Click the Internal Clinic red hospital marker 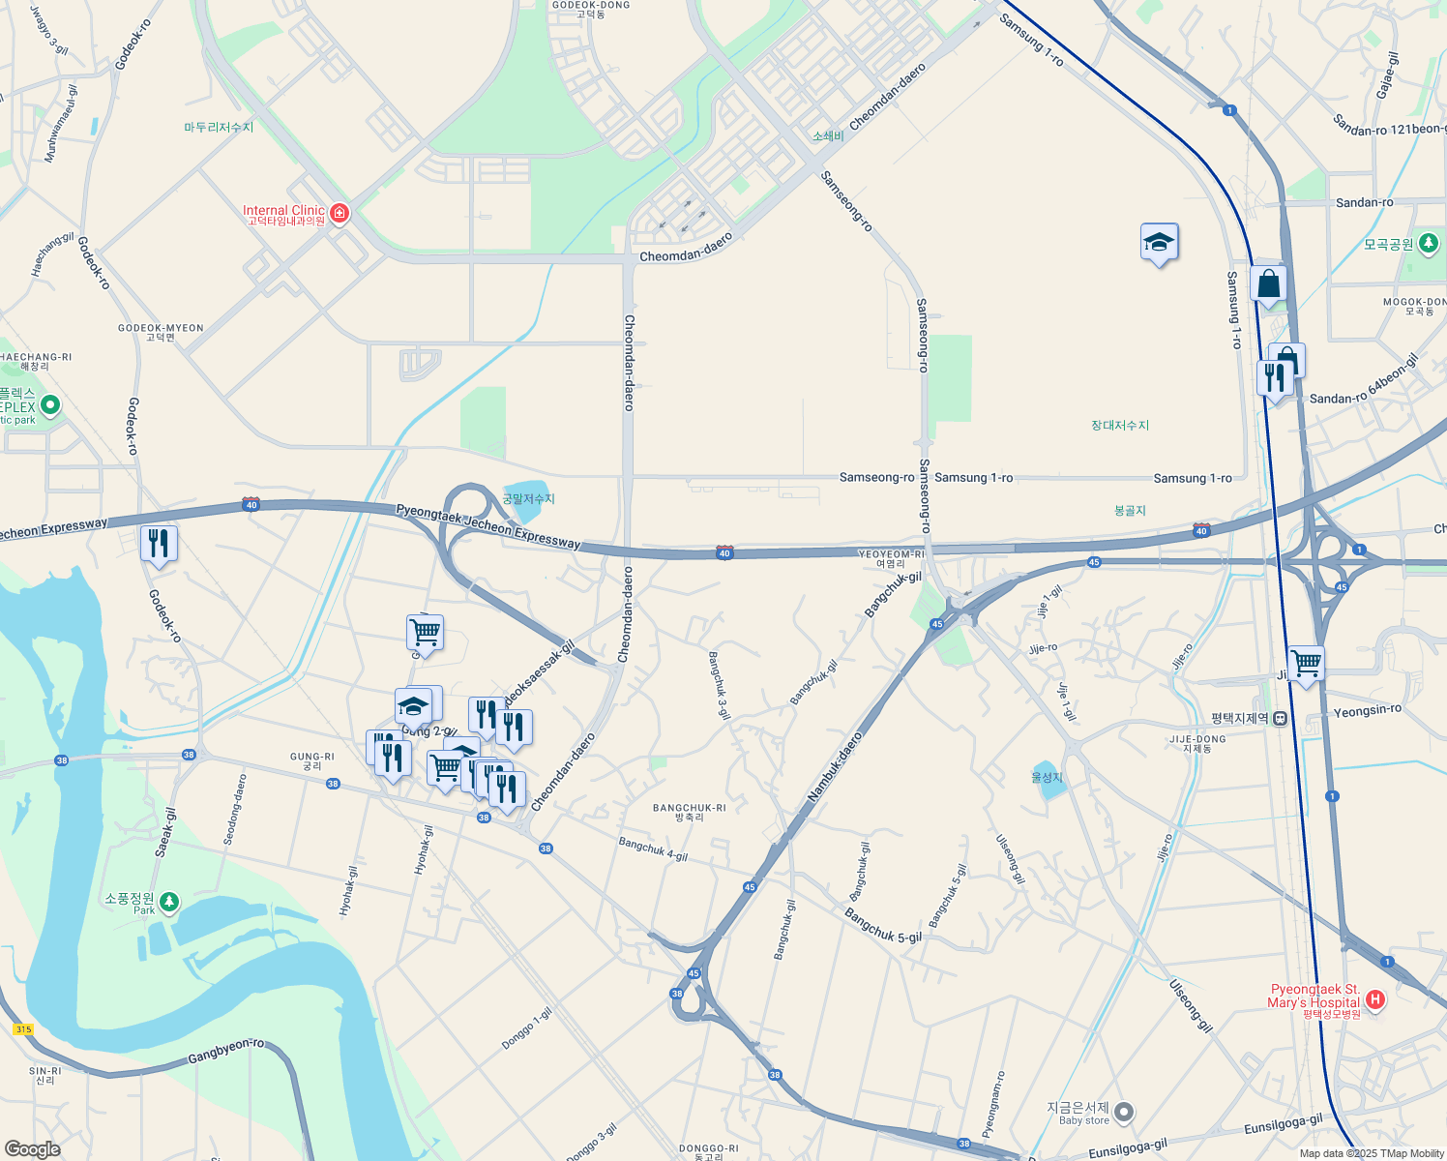click(x=340, y=213)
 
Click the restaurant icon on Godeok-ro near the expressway click(x=159, y=545)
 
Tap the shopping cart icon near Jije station click(x=1306, y=665)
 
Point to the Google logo click(x=32, y=1149)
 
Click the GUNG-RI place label click(x=311, y=761)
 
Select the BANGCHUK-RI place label click(x=689, y=812)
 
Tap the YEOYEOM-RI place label click(x=892, y=558)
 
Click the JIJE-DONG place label click(x=1196, y=743)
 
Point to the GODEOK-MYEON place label click(x=161, y=332)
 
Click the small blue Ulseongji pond click(x=1047, y=781)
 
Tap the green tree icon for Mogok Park click(x=1429, y=243)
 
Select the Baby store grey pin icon click(x=1124, y=1113)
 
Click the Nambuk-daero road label click(x=835, y=766)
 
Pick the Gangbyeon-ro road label click(x=225, y=1051)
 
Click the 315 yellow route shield click(x=23, y=1029)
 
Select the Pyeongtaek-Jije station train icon click(x=1280, y=719)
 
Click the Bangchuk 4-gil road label click(x=653, y=849)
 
